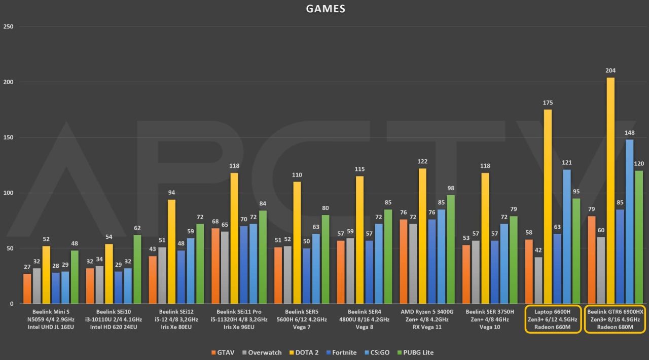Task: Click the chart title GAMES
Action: point(326,9)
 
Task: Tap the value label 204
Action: point(610,70)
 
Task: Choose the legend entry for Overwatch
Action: point(261,352)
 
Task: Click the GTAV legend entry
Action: point(223,352)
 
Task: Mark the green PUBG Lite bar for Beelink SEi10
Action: point(137,269)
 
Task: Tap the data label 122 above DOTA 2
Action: point(421,161)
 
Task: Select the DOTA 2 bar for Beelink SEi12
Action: point(172,251)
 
